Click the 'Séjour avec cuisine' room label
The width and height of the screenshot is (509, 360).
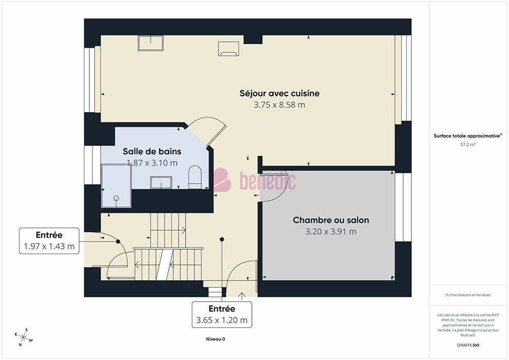click(280, 94)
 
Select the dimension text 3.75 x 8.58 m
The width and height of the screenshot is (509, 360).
click(280, 105)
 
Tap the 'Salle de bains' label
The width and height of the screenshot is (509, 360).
click(152, 151)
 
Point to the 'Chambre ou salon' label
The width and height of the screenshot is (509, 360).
click(331, 220)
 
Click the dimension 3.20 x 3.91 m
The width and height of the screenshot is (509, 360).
click(331, 231)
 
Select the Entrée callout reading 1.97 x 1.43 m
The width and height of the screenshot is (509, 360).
click(49, 241)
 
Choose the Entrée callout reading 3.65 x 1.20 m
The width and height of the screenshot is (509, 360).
click(222, 315)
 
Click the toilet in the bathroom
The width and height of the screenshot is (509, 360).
click(195, 177)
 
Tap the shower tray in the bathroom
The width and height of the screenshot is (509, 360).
click(116, 186)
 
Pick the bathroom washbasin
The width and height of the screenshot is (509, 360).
click(161, 183)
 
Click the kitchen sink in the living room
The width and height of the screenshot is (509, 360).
click(151, 43)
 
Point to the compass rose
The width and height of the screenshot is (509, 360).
click(23, 337)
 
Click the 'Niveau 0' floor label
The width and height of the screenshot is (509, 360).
click(215, 339)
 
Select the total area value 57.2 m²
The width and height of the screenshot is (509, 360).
click(468, 145)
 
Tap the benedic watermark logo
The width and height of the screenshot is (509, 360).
click(255, 180)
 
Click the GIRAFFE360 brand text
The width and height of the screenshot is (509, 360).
click(468, 345)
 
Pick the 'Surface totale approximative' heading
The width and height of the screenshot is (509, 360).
click(467, 136)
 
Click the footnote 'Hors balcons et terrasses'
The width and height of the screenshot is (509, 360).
click(468, 295)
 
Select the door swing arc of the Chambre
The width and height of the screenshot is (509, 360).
click(280, 193)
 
